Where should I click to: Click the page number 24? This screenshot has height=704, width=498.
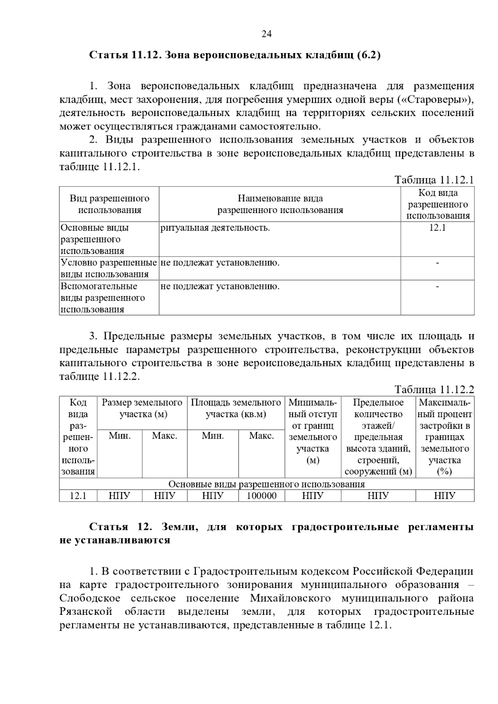[x=266, y=34]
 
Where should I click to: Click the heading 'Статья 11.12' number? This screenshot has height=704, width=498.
[x=142, y=55]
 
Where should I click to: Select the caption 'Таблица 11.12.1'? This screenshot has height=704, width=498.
[x=434, y=180]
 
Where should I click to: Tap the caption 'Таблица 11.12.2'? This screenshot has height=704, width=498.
[x=434, y=390]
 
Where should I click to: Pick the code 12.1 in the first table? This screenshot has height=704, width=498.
[x=437, y=228]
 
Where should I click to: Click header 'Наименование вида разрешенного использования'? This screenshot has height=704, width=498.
[x=280, y=204]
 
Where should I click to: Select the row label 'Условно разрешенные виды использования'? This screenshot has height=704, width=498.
[x=109, y=268]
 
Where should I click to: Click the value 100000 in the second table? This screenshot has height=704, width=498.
[x=261, y=496]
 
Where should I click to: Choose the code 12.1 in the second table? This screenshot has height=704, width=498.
[x=78, y=496]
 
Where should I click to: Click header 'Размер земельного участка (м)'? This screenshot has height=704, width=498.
[x=142, y=408]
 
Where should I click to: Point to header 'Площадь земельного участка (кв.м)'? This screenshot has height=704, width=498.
[x=236, y=408]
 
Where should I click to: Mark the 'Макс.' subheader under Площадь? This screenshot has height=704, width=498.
[x=261, y=436]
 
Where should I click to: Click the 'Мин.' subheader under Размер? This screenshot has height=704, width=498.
[x=120, y=436]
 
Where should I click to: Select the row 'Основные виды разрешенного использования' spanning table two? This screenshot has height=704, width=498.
[x=266, y=484]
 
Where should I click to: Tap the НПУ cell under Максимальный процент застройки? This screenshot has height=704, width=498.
[x=444, y=496]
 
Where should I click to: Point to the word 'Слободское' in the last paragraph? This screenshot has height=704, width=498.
[x=90, y=598]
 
